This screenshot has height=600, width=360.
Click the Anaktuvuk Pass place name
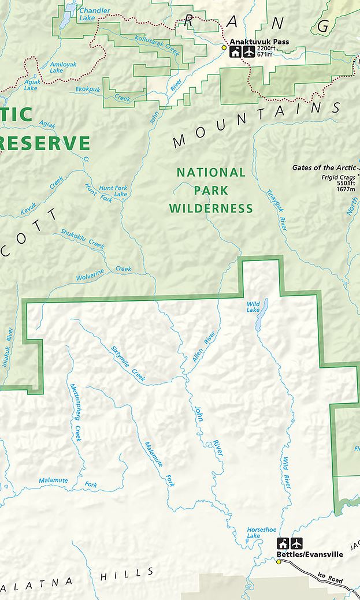[259, 42]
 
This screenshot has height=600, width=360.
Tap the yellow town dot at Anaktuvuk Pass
[224, 47]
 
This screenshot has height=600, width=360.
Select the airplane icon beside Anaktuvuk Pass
[249, 53]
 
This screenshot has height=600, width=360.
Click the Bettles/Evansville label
[310, 554]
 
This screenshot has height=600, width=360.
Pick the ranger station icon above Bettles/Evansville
[283, 543]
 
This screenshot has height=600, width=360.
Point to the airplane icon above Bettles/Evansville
[296, 543]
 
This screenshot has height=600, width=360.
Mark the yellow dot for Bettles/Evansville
[278, 561]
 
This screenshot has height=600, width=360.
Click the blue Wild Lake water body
[261, 317]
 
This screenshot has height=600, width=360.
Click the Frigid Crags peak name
[338, 177]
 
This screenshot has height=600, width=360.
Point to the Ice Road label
[330, 578]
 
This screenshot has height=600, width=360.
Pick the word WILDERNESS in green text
[211, 208]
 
